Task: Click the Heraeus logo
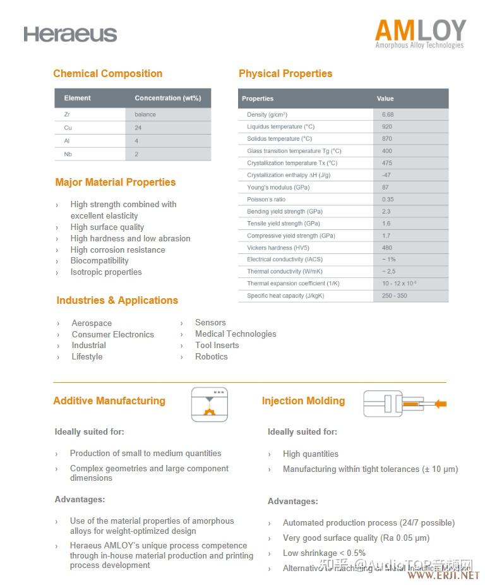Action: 70,34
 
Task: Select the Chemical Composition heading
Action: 108,74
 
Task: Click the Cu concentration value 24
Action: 138,128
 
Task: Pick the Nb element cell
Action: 68,154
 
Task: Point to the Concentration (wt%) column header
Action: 167,98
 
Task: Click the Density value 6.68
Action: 388,114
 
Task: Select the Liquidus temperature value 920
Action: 387,127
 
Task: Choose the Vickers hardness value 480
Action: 387,248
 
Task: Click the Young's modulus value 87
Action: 385,188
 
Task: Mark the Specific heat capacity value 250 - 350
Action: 395,296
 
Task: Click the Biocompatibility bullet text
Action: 99,261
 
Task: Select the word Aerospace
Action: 92,323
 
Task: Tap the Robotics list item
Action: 211,357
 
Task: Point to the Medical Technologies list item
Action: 236,334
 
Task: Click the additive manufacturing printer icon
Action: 209,404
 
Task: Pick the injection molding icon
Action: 404,404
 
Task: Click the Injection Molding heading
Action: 303,401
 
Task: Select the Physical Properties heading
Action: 285,74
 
